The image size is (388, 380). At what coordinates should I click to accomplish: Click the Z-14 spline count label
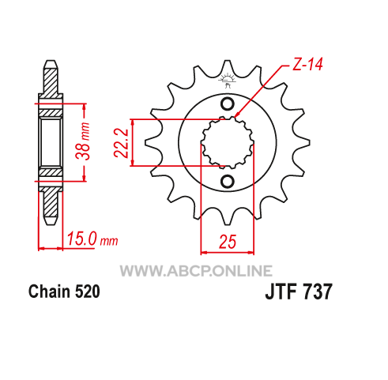[307, 65]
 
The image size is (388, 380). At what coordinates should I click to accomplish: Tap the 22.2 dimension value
[121, 143]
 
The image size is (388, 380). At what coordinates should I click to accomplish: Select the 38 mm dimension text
[82, 141]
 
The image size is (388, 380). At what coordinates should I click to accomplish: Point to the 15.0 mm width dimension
[92, 239]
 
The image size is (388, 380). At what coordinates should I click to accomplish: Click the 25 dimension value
[228, 242]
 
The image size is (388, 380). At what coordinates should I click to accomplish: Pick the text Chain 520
[64, 292]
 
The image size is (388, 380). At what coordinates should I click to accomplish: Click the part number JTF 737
[299, 292]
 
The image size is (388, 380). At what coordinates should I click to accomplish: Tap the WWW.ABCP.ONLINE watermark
[196, 271]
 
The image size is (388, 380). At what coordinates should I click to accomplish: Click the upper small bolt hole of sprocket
[227, 104]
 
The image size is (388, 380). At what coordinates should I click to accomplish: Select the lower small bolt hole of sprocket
[227, 181]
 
